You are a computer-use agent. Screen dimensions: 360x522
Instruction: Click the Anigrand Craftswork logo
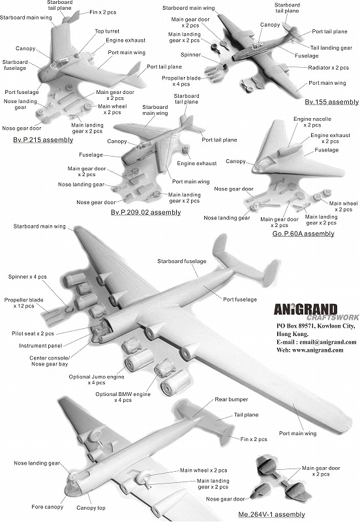(316, 313)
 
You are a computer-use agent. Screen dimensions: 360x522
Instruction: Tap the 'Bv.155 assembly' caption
(332, 102)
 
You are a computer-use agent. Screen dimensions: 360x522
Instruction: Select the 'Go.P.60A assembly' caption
(303, 234)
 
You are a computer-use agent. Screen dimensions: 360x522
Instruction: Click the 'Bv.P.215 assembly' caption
(43, 140)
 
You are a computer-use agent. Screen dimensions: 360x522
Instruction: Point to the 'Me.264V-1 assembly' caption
(271, 514)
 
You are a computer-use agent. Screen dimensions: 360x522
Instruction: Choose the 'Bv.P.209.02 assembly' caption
(145, 212)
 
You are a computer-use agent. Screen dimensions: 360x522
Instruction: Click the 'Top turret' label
(107, 31)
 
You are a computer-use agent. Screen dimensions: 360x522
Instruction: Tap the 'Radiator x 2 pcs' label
(329, 68)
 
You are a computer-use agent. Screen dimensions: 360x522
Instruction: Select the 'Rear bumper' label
(232, 399)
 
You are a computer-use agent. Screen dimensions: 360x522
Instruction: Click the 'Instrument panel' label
(40, 346)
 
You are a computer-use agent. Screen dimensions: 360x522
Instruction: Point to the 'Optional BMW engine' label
(123, 394)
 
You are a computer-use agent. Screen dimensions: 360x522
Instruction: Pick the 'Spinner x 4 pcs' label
(27, 277)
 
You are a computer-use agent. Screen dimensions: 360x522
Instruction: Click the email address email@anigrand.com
(328, 342)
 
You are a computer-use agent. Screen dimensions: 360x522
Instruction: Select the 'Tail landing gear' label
(331, 48)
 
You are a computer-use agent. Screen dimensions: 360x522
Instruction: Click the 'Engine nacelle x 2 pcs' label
(312, 122)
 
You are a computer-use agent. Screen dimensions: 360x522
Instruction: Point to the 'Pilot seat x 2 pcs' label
(33, 333)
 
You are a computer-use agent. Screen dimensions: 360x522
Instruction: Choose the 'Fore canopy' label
(47, 507)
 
